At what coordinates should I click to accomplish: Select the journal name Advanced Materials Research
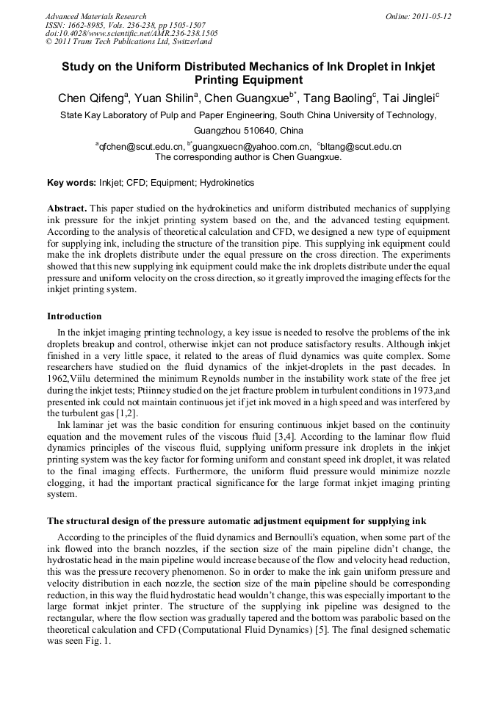click(x=95, y=16)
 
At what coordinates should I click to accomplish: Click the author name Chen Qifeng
click(x=92, y=98)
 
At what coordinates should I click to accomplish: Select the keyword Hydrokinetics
click(x=227, y=183)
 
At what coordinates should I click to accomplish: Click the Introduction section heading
click(x=74, y=316)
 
